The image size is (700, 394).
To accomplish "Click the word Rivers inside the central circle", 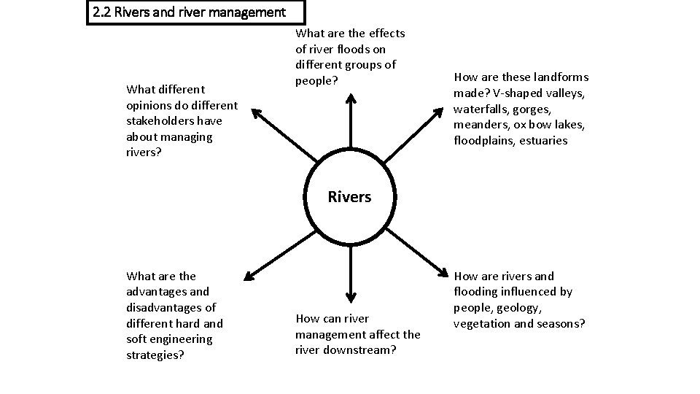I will click(349, 197).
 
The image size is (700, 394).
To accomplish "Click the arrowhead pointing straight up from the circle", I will click(351, 96).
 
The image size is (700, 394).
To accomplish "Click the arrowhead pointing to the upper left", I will click(254, 111).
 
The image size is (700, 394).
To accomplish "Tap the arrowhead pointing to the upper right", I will click(439, 111).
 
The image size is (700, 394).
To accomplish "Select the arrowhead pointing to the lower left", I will click(249, 276).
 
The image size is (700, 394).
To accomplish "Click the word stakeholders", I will click(158, 121).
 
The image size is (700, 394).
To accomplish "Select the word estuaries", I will click(543, 141).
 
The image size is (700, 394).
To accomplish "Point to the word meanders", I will click(478, 125).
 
